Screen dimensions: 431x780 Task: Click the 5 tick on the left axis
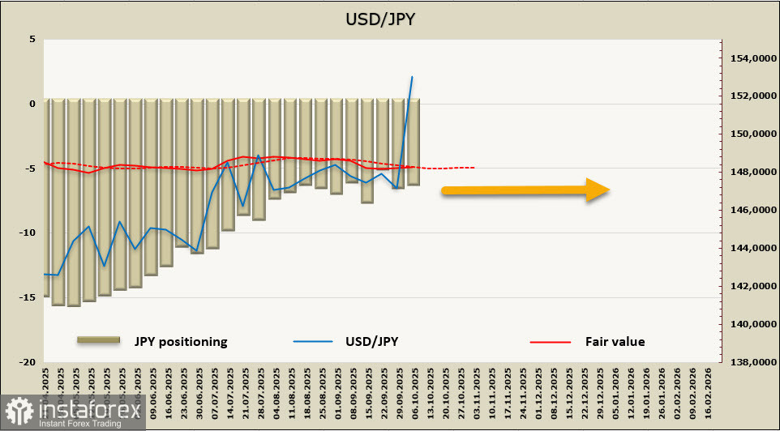(32, 39)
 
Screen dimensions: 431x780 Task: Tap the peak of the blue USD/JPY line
(412, 77)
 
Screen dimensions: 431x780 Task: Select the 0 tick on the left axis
(32, 104)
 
